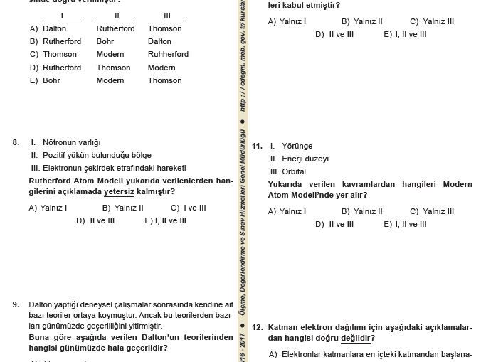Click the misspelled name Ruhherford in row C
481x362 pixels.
pyautogui.click(x=168, y=54)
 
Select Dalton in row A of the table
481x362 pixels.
pyautogui.click(x=55, y=28)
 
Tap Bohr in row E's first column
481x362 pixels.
pyautogui.click(x=52, y=80)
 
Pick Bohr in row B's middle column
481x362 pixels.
pyautogui.click(x=105, y=41)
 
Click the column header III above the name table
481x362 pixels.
pyautogui.click(x=167, y=16)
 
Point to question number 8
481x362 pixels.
pyautogui.click(x=16, y=142)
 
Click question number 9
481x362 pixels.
pyautogui.click(x=16, y=304)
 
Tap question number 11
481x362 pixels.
pyautogui.click(x=258, y=146)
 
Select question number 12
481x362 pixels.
pyautogui.click(x=258, y=327)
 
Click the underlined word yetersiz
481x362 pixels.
pyautogui.click(x=119, y=191)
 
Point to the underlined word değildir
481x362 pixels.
pyautogui.click(x=356, y=338)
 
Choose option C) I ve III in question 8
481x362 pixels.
pyautogui.click(x=188, y=208)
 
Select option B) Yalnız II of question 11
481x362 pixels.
pyautogui.click(x=361, y=211)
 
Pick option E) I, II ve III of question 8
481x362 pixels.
pyautogui.click(x=165, y=220)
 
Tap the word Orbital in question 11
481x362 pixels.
pyautogui.click(x=294, y=171)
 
